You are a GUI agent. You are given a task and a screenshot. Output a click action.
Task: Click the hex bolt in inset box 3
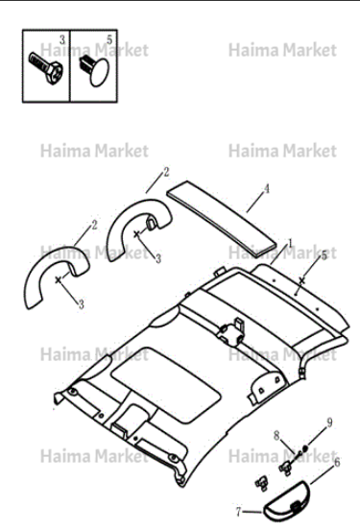[x=46, y=68]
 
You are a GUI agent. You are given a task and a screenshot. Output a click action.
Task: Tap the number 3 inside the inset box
[x=62, y=40]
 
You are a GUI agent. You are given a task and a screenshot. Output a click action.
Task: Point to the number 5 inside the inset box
[x=109, y=39]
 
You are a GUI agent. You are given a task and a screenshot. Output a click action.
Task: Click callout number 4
[x=267, y=189]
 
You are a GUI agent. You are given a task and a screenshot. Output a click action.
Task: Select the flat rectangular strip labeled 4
[x=222, y=218]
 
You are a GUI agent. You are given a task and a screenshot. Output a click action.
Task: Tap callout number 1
[x=290, y=243]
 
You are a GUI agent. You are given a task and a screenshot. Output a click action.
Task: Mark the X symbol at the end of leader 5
[x=301, y=279]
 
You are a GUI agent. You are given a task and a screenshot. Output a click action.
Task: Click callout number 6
[x=337, y=462]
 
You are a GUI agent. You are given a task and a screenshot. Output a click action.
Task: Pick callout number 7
[x=239, y=512]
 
